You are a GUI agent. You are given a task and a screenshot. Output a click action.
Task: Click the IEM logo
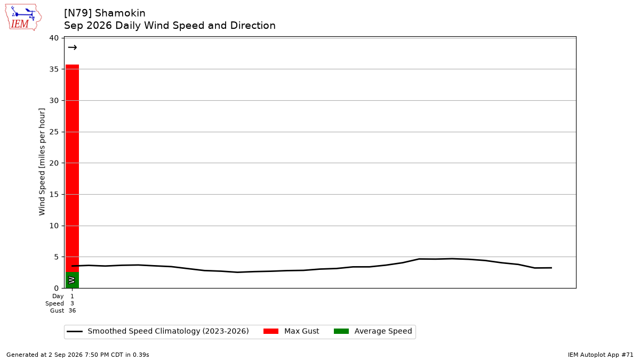pos(23,17)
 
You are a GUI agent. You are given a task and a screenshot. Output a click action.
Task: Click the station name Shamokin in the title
pos(120,13)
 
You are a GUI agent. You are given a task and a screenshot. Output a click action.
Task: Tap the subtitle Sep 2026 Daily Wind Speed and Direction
pos(170,26)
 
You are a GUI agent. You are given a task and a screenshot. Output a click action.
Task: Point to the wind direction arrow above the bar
pos(73,47)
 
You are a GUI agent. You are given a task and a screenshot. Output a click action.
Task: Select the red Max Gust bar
pos(73,169)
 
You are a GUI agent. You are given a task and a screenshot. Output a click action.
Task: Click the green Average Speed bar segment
pos(73,280)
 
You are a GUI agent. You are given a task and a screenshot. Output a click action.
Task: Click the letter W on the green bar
pos(72,280)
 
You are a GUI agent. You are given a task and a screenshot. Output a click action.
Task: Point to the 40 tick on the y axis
pos(54,38)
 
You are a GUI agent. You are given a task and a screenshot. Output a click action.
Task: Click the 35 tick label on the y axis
pos(54,69)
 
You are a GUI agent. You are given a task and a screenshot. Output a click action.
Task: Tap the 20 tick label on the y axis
pos(54,163)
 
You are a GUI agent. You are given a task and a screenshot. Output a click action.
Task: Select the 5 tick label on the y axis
pos(57,257)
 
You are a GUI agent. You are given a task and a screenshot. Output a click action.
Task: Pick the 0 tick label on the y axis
pos(57,289)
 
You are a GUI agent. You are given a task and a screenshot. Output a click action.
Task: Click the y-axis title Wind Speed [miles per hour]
pos(42,162)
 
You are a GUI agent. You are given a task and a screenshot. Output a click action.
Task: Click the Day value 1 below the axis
pos(72,297)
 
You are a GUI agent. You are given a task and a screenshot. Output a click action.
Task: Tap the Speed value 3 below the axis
pos(72,303)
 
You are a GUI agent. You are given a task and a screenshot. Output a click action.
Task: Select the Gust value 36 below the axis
pos(72,310)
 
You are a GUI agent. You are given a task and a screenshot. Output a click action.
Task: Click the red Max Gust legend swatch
pos(270,331)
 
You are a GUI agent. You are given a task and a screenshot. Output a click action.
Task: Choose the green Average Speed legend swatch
pos(341,331)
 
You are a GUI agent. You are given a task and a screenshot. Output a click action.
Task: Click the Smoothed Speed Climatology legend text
pos(169,331)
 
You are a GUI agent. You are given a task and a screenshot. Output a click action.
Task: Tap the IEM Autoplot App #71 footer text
pos(601,355)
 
